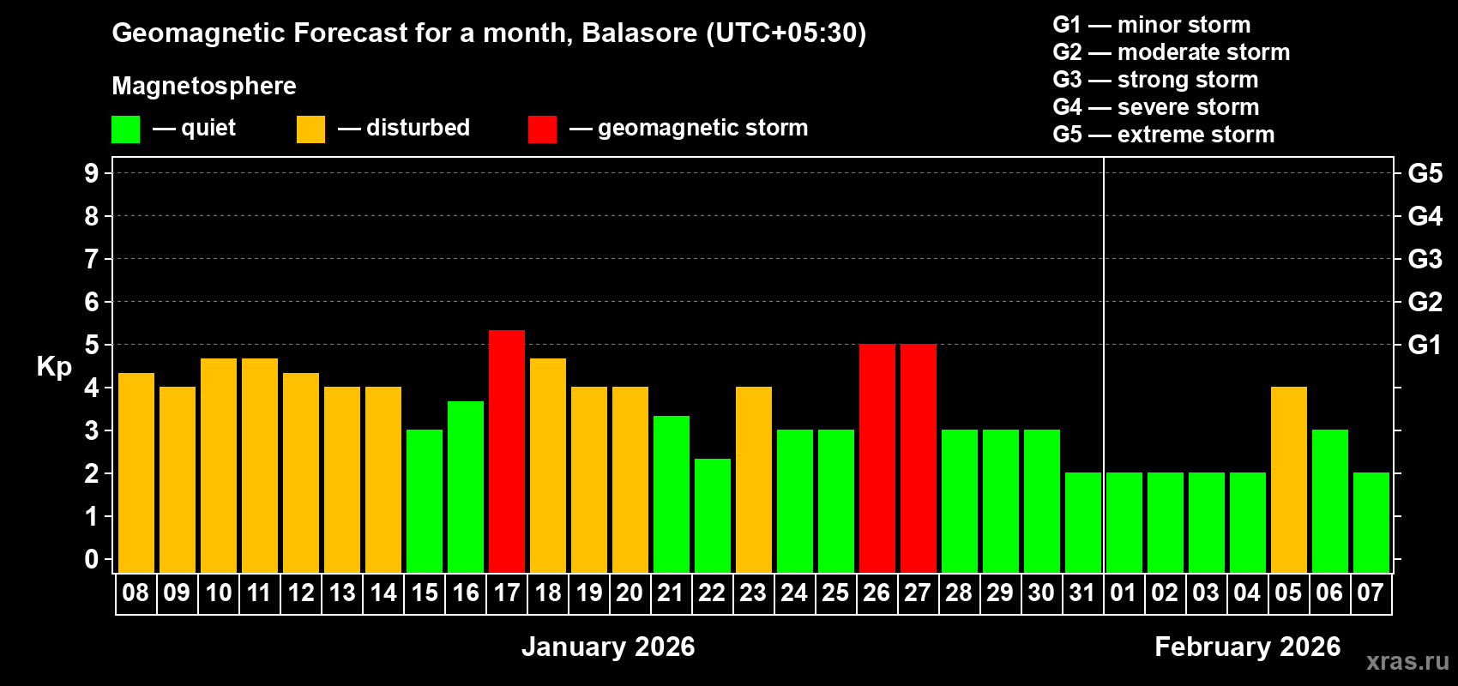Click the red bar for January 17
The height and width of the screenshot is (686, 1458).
507,451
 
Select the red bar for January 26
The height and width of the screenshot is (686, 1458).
877,458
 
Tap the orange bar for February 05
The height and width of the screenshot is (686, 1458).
1288,479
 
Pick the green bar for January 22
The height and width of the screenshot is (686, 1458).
713,515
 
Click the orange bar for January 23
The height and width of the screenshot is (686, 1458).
754,479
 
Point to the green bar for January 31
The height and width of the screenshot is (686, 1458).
1083,522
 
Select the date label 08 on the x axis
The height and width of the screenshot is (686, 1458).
136,593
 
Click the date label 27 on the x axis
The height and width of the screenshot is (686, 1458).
918,593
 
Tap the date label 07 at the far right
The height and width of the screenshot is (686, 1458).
1371,593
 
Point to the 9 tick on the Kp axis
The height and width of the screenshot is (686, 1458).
92,173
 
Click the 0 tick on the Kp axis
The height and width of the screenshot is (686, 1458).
92,560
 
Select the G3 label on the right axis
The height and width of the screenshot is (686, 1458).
1425,259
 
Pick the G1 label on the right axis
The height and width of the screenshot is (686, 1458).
1425,345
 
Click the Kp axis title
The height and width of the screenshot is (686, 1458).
54,367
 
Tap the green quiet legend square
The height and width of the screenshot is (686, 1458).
125,129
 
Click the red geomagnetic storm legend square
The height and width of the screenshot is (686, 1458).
542,129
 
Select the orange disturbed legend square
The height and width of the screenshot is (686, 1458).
310,129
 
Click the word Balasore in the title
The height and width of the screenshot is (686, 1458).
639,33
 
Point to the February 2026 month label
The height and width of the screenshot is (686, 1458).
1247,647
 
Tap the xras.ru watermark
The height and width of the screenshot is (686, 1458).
1407,661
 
